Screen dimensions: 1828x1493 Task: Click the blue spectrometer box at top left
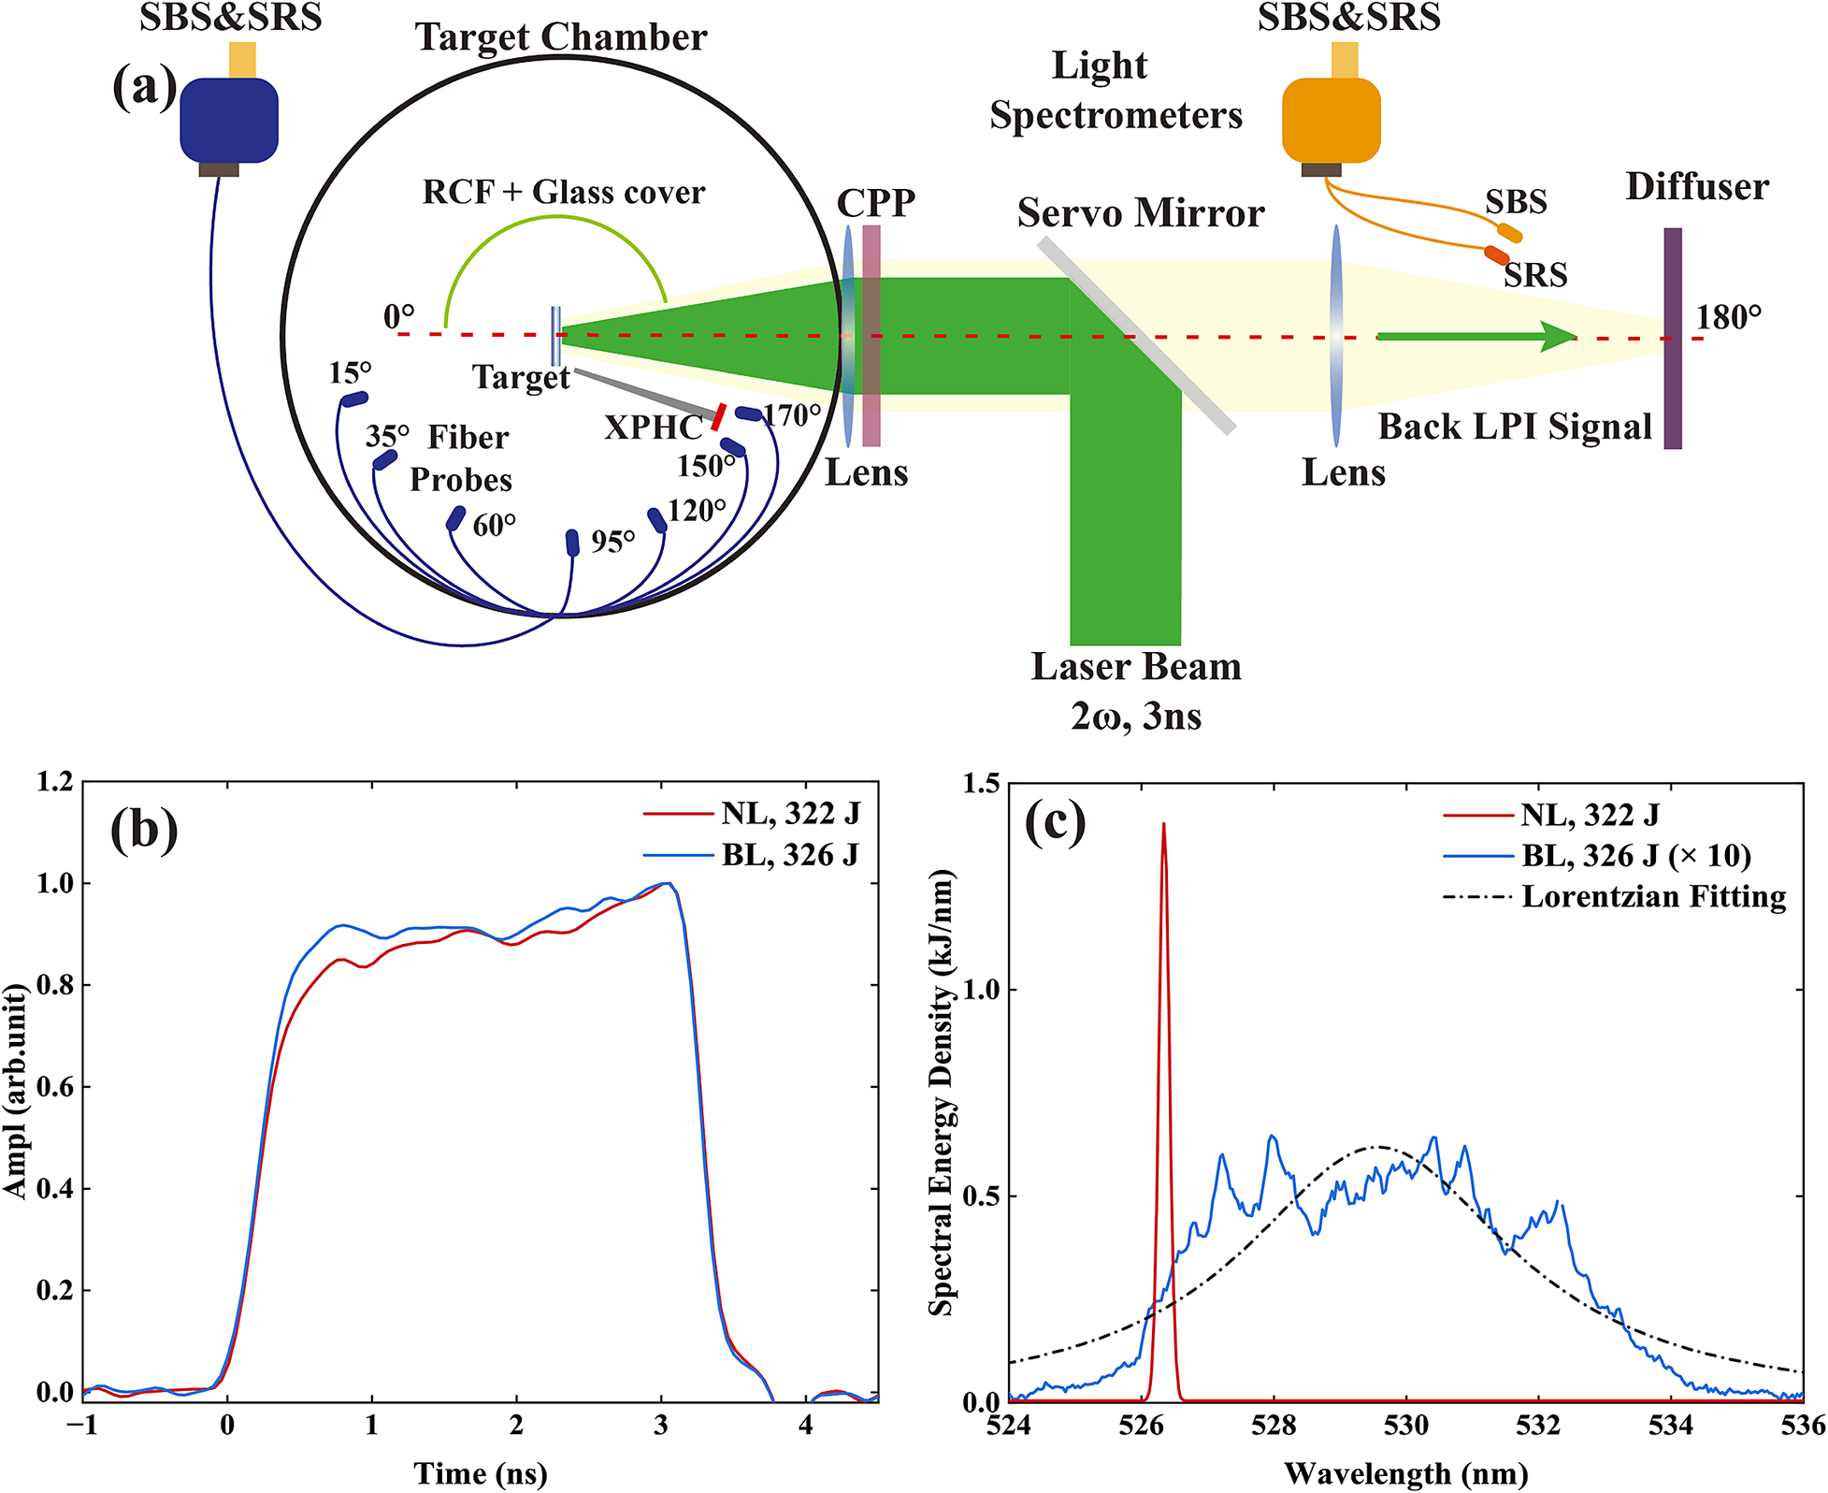click(x=229, y=120)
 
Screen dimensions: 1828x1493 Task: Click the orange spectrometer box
click(x=1331, y=120)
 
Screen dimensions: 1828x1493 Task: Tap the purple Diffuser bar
click(x=1673, y=338)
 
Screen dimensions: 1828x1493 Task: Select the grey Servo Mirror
click(x=1136, y=335)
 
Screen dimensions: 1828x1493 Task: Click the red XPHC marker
click(x=718, y=417)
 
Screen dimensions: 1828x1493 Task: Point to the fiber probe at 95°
click(x=572, y=543)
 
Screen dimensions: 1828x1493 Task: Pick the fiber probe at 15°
click(x=353, y=399)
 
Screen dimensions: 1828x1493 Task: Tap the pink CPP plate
click(x=871, y=335)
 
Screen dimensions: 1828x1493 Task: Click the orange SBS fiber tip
click(x=1509, y=232)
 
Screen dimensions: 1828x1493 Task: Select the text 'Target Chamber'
click(x=561, y=37)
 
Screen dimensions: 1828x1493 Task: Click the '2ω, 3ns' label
click(x=1136, y=717)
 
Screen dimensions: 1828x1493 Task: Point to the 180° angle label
click(x=1729, y=318)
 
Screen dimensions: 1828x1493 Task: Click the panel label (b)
click(x=144, y=830)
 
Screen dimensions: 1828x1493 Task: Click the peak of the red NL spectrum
click(x=1164, y=824)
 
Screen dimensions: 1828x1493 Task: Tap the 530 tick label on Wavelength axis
click(x=1406, y=1425)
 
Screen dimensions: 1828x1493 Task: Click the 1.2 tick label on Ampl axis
click(x=54, y=781)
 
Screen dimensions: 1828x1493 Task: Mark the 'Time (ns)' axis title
click(x=481, y=1473)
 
